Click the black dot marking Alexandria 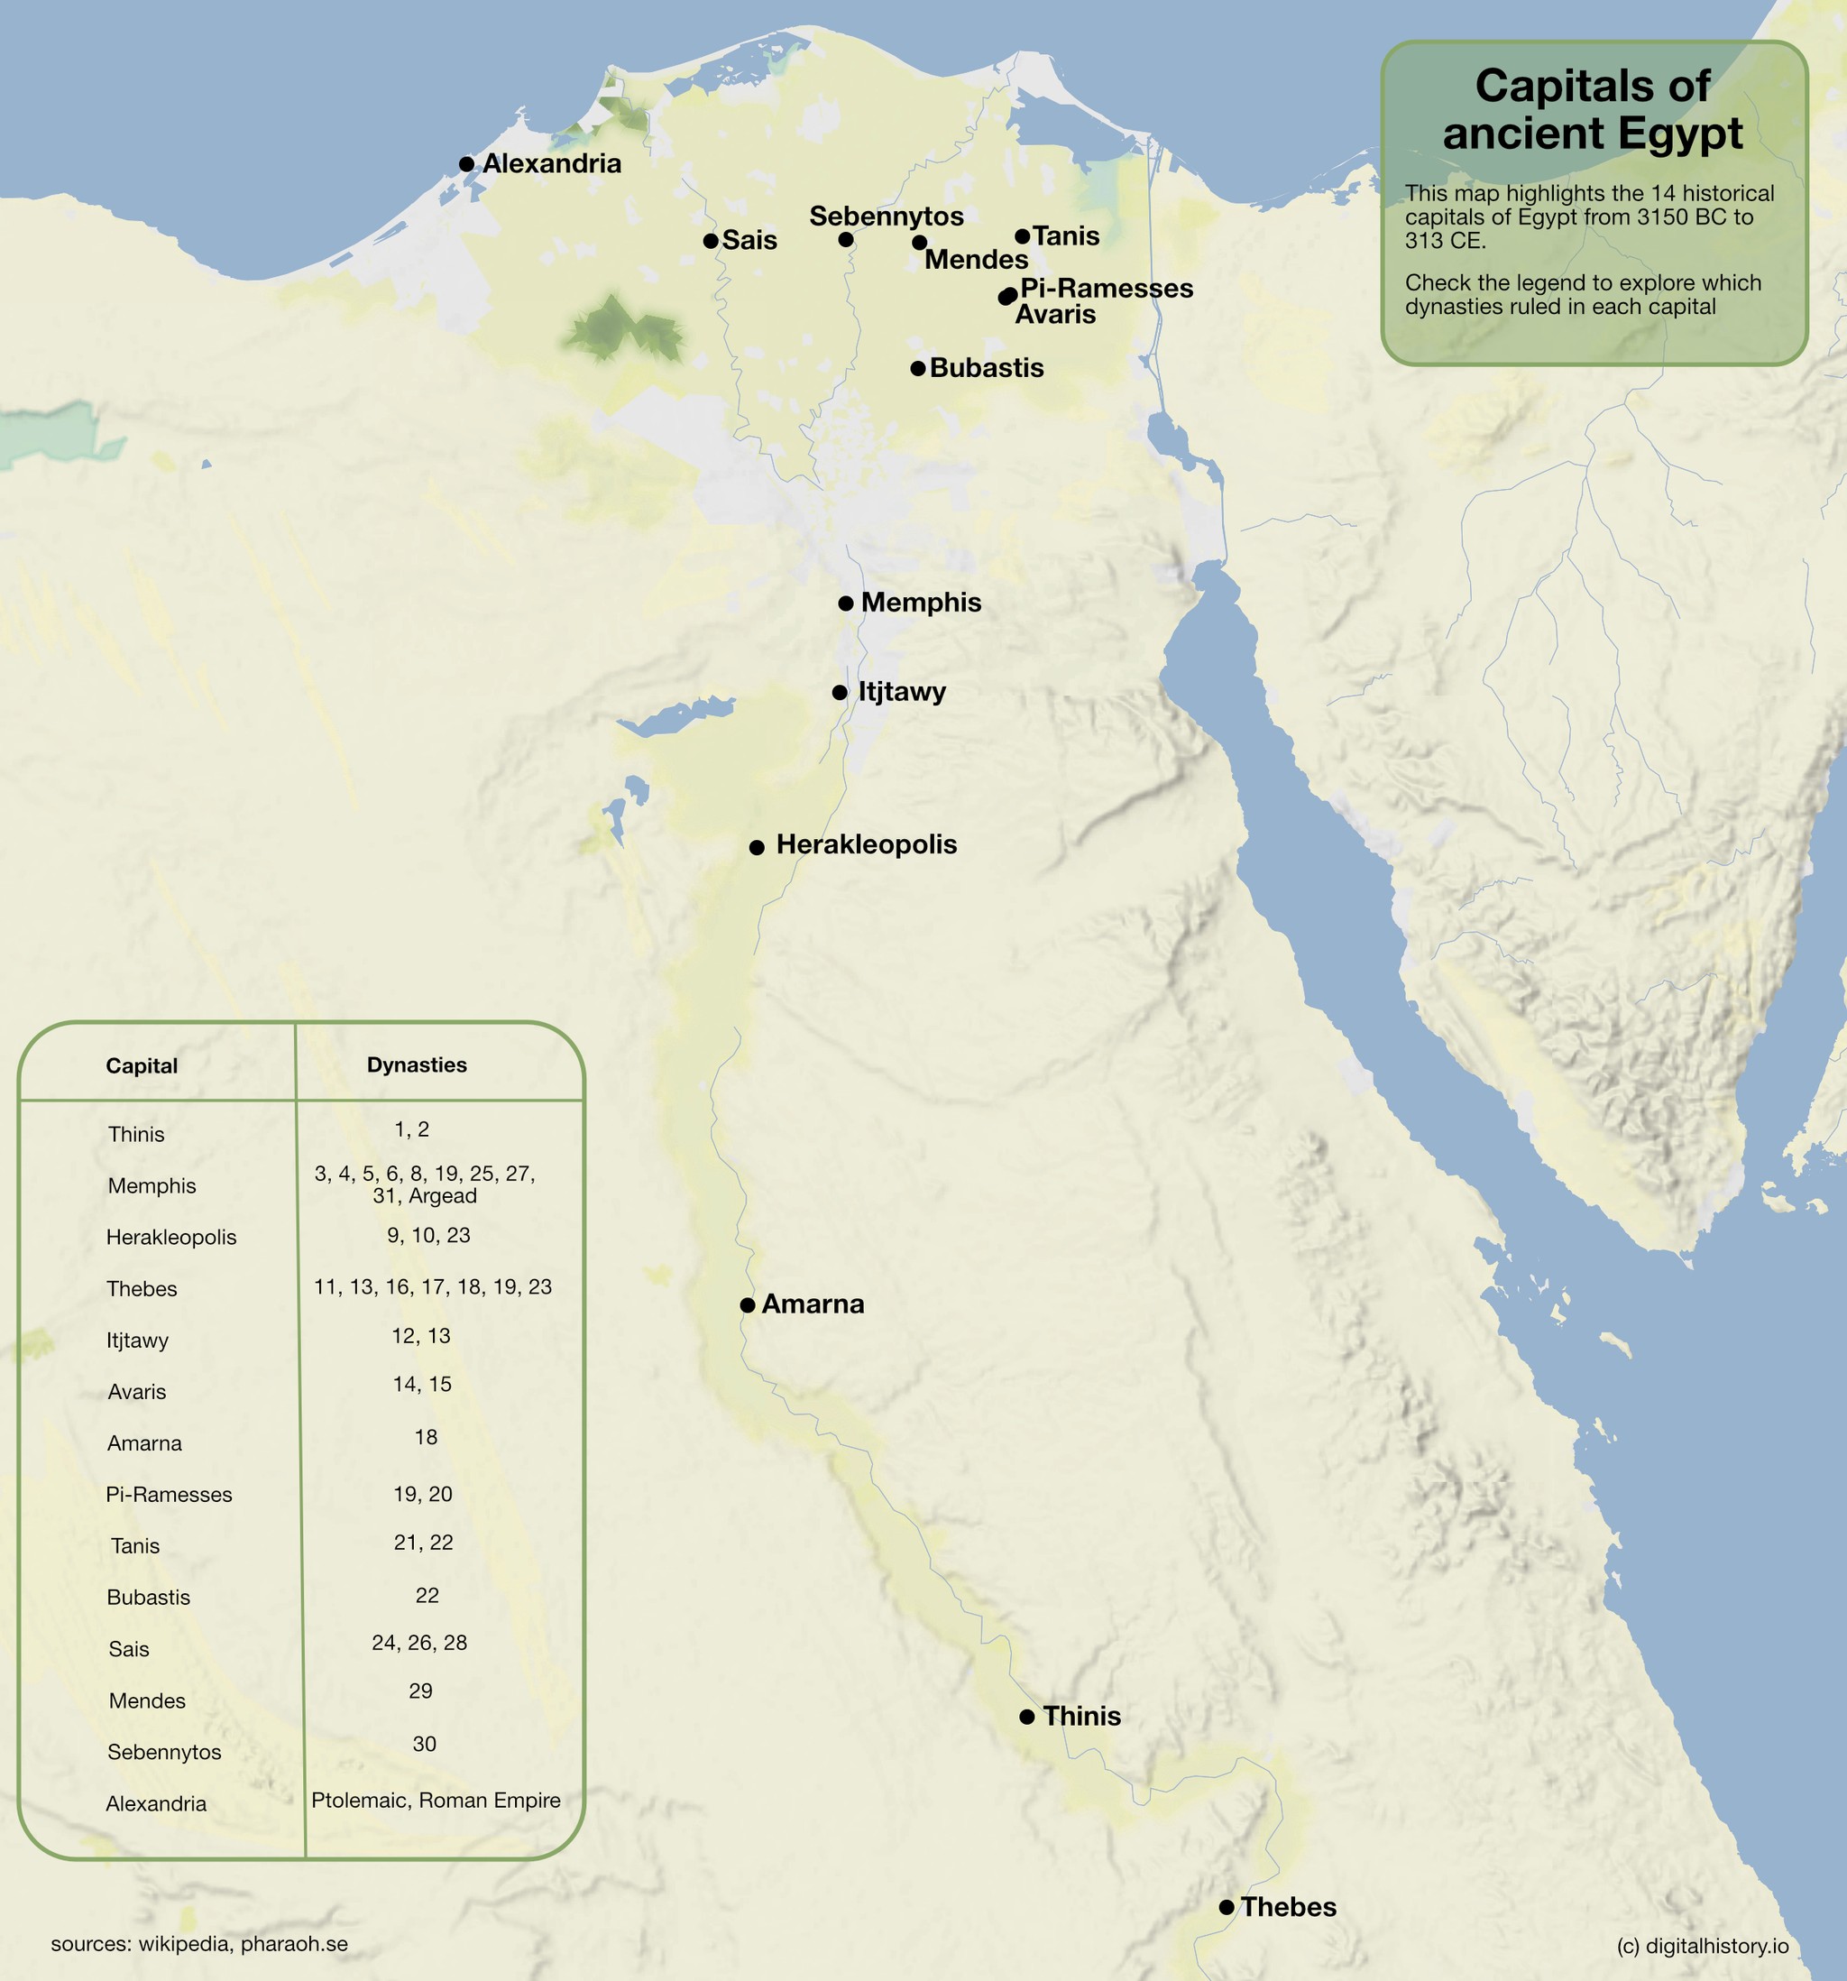[466, 163]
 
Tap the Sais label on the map [749, 240]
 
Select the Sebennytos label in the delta [886, 217]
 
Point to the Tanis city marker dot [1022, 236]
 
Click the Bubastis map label [987, 368]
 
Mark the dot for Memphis [845, 603]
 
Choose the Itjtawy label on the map [902, 691]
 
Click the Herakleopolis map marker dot [756, 847]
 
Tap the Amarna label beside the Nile [812, 1304]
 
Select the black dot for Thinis [1027, 1716]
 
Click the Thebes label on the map [1288, 1906]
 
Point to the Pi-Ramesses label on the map [1106, 288]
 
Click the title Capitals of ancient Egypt [1592, 110]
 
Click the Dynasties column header [417, 1064]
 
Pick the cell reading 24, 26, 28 [419, 1642]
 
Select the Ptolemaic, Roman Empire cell [436, 1800]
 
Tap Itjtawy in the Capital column [137, 1341]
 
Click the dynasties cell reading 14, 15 [422, 1384]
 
